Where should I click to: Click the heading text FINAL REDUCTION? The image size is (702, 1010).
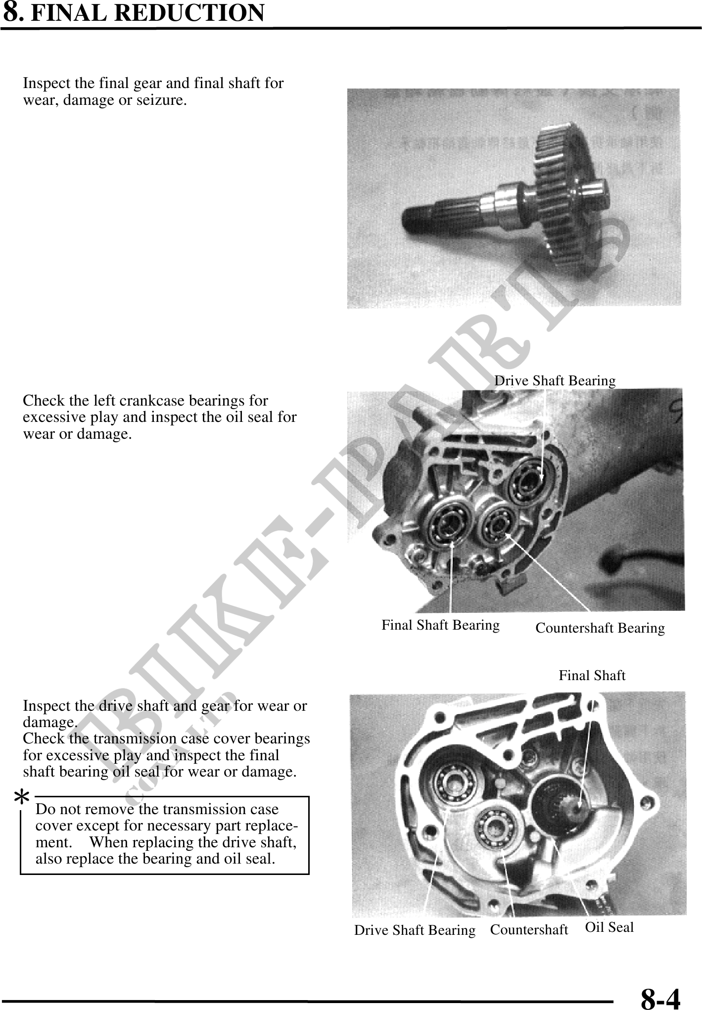point(147,13)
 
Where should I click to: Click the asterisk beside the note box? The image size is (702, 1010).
point(21,798)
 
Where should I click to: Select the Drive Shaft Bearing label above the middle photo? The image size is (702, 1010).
point(555,380)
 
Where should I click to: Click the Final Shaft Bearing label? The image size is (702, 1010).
point(440,625)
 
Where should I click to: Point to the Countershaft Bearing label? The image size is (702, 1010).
point(600,628)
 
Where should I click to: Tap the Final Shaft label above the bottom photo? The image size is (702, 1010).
point(592,675)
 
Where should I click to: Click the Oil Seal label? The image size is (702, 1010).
point(609,927)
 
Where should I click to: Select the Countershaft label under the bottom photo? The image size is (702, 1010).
point(529,930)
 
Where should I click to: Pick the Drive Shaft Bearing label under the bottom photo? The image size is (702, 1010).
point(415,930)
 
